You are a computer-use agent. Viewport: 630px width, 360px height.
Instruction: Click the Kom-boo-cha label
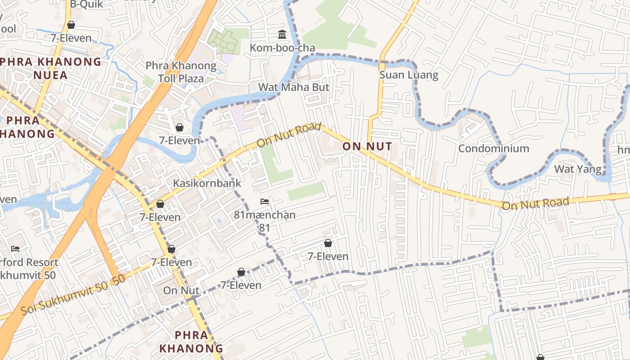282,48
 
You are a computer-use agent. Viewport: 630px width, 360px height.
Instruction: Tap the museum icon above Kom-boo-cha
282,34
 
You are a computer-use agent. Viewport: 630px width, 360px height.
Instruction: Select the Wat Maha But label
294,87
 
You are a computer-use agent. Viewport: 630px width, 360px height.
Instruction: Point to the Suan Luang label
409,75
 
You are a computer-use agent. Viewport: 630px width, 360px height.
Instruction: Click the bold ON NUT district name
367,146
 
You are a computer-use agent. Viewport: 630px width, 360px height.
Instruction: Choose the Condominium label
494,148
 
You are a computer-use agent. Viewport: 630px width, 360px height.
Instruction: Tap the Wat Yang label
578,169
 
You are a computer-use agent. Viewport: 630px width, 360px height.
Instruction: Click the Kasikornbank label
207,183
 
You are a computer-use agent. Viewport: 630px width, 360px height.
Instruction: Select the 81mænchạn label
265,215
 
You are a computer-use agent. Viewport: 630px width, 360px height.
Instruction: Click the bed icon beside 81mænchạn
265,201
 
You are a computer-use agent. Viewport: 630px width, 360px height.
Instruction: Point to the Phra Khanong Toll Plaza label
181,72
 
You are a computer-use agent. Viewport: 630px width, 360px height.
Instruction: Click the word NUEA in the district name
51,75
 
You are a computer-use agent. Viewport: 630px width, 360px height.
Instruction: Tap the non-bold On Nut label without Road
181,291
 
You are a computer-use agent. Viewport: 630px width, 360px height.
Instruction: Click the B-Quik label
86,4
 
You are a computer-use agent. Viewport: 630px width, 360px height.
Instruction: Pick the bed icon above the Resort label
15,248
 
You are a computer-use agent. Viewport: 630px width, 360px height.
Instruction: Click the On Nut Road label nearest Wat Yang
535,204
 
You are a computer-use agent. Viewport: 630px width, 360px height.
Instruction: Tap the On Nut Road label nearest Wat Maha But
288,135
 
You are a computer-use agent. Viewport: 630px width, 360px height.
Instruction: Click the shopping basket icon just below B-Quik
71,25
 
